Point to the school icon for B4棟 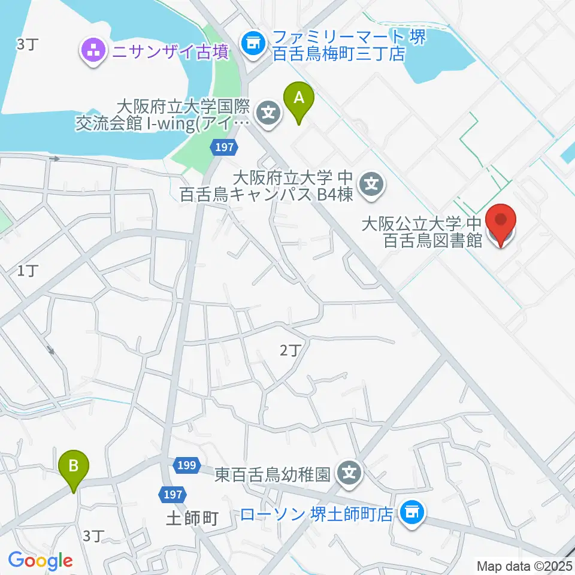tap(373, 183)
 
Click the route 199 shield tap(187, 465)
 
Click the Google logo tap(40, 561)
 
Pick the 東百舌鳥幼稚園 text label tap(273, 475)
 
